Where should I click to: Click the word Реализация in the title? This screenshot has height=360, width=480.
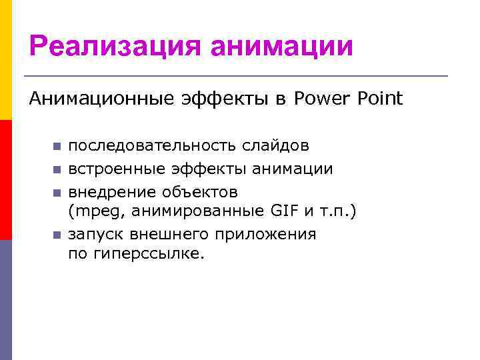click(113, 47)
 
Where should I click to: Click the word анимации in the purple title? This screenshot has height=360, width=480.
click(281, 47)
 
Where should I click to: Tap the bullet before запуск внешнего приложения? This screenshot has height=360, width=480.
click(57, 235)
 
